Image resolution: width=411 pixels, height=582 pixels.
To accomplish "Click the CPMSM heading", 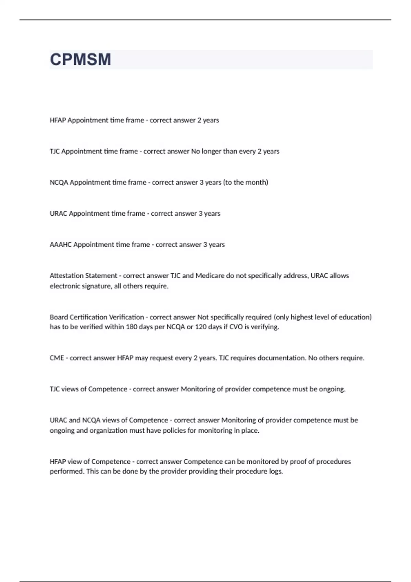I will [80, 60].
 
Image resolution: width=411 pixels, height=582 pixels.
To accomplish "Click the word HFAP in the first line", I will [58, 120].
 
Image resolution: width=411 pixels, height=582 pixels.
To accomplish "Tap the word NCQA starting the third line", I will [59, 182].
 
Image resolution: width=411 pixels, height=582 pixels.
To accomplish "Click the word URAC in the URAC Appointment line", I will [59, 214].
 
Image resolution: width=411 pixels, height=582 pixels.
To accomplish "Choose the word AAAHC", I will [61, 245].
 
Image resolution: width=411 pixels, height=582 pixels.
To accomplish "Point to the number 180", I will [132, 327].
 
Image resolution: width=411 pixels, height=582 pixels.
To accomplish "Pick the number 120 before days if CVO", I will [201, 327].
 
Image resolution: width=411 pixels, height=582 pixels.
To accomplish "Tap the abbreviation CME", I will [57, 358].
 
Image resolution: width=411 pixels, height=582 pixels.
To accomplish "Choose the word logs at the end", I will [276, 471].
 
